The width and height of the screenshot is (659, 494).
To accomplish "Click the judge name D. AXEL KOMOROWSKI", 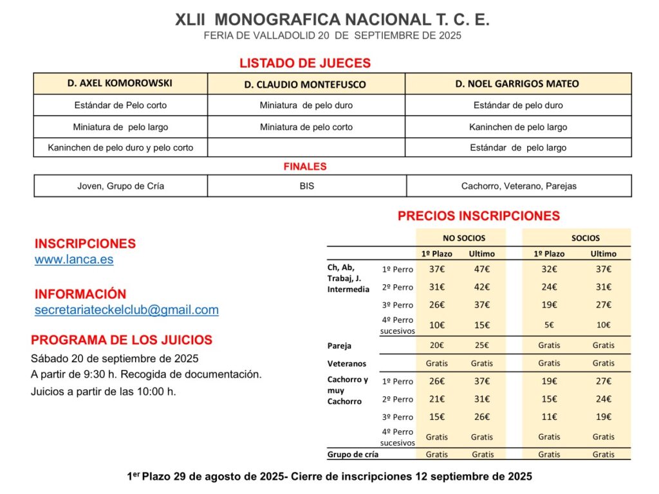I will pyautogui.click(x=120, y=83).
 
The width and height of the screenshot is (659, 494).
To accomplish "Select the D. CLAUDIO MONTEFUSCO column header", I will pyautogui.click(x=305, y=84).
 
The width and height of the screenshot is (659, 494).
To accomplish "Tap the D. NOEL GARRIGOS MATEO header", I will pyautogui.click(x=517, y=84).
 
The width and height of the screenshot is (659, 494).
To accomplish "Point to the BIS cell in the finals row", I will pyautogui.click(x=306, y=186).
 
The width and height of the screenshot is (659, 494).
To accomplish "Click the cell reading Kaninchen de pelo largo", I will pyautogui.click(x=518, y=127).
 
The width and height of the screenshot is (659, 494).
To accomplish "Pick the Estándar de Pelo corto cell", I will pyautogui.click(x=120, y=105).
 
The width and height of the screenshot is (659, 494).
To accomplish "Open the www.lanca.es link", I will pyautogui.click(x=74, y=260).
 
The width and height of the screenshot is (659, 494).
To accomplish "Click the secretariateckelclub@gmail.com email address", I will pyautogui.click(x=127, y=310).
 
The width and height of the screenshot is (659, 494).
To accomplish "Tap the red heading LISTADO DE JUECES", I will pyautogui.click(x=305, y=63).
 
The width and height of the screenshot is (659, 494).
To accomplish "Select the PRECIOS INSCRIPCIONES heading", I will pyautogui.click(x=479, y=216).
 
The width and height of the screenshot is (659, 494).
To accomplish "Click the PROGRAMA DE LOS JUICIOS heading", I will pyautogui.click(x=122, y=340).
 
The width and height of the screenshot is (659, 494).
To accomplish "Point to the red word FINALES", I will pyautogui.click(x=305, y=167).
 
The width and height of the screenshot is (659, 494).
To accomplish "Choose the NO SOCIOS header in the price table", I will pyautogui.click(x=464, y=238).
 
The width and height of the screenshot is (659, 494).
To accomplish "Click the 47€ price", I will pyautogui.click(x=481, y=270).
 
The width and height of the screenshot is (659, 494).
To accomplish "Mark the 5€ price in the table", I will pyautogui.click(x=549, y=325).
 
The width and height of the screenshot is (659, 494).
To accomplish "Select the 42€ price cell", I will pyautogui.click(x=481, y=288).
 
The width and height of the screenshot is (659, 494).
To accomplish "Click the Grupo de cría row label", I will pyautogui.click(x=353, y=454).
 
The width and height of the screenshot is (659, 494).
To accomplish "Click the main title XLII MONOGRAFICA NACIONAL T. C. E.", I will pyautogui.click(x=332, y=20).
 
